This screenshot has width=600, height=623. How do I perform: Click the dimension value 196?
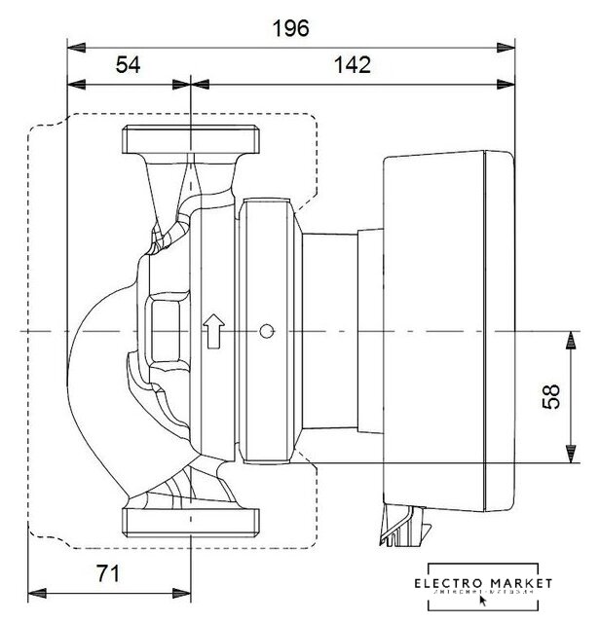[289, 28]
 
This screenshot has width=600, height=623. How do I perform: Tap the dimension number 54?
[129, 65]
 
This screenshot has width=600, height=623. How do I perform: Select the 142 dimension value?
[352, 65]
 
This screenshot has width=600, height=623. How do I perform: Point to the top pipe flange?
[191, 142]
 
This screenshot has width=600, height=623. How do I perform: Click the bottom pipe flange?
[191, 519]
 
